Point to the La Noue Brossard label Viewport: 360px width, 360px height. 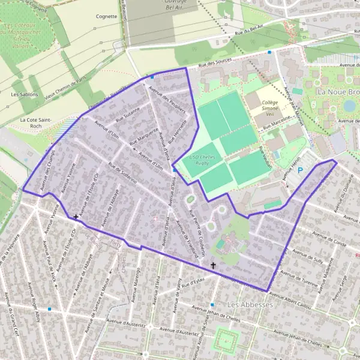(x=338, y=92)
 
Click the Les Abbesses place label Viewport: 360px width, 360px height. (x=250, y=305)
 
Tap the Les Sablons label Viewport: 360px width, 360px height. (x=25, y=94)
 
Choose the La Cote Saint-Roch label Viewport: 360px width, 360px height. (x=35, y=123)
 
